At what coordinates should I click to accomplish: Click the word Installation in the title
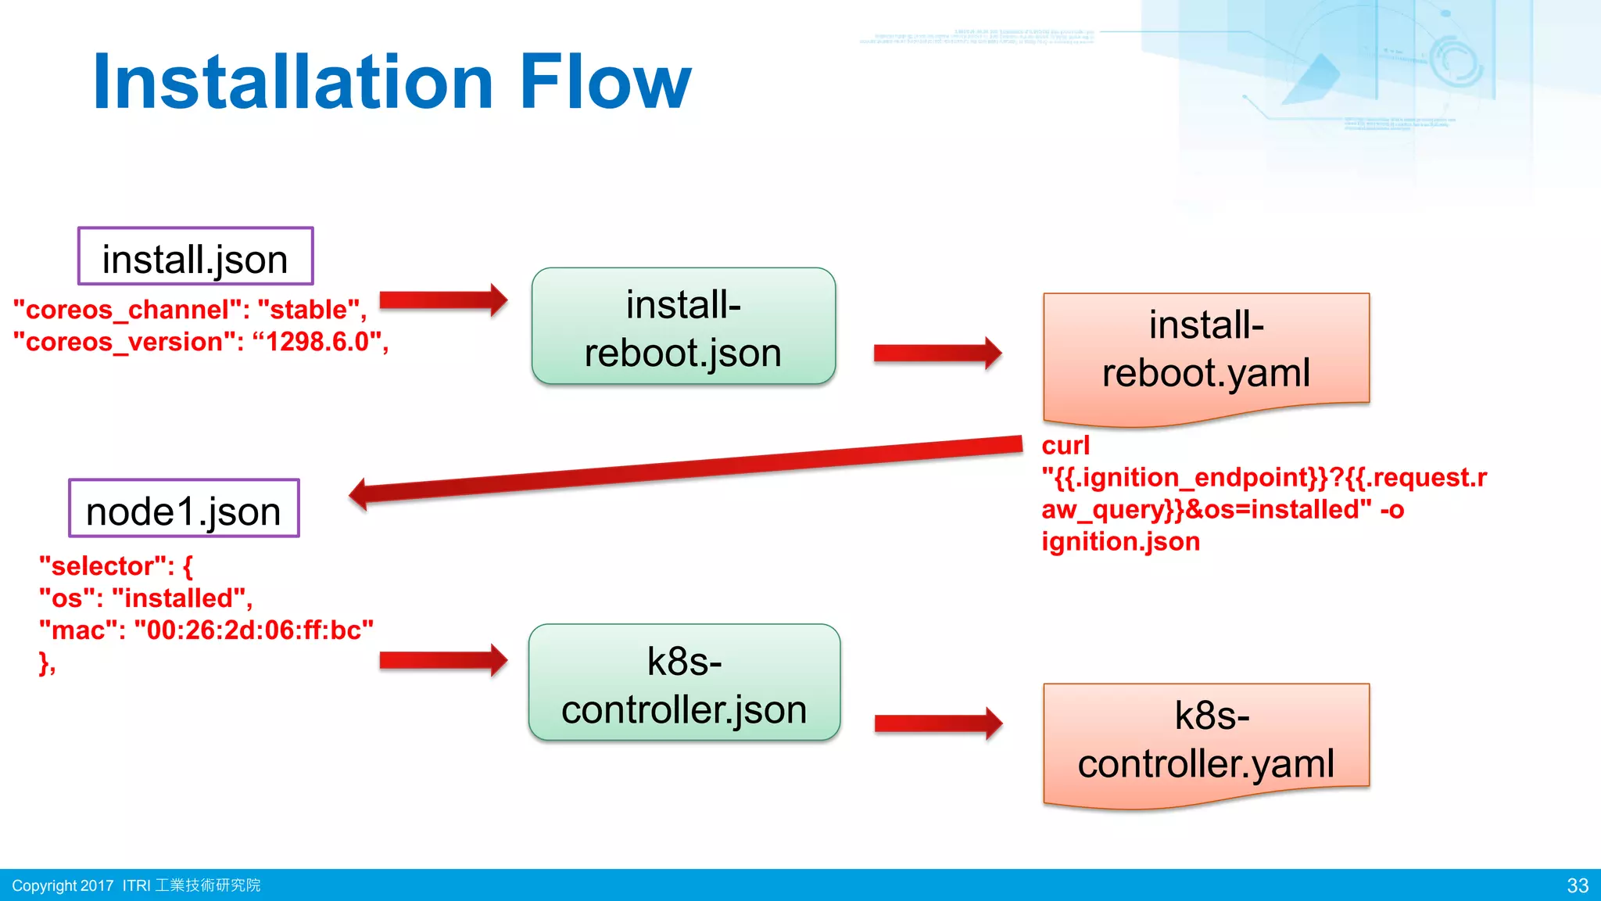[x=293, y=82]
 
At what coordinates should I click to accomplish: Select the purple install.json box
[x=195, y=257]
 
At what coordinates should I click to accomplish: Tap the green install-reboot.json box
[x=683, y=327]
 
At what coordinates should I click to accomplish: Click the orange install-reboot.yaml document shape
[x=1205, y=352]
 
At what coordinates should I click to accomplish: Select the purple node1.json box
[x=184, y=508]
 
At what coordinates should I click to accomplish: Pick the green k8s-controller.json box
[x=684, y=683]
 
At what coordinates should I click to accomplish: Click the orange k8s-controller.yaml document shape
[x=1205, y=739]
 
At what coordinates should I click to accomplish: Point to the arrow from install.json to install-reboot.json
[x=442, y=300]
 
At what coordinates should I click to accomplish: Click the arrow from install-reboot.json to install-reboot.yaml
[x=937, y=354]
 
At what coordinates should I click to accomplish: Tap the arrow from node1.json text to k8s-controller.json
[x=442, y=660]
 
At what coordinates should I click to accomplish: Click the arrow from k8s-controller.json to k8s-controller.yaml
[x=937, y=723]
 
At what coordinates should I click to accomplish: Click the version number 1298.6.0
[x=317, y=342]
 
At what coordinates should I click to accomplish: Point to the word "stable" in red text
[x=308, y=310]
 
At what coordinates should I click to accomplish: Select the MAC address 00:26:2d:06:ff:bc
[x=253, y=630]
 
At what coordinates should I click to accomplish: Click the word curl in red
[x=1065, y=446]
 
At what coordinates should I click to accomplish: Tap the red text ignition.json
[x=1120, y=541]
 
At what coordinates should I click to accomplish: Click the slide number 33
[x=1578, y=885]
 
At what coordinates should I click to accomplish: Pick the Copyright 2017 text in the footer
[x=63, y=885]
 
